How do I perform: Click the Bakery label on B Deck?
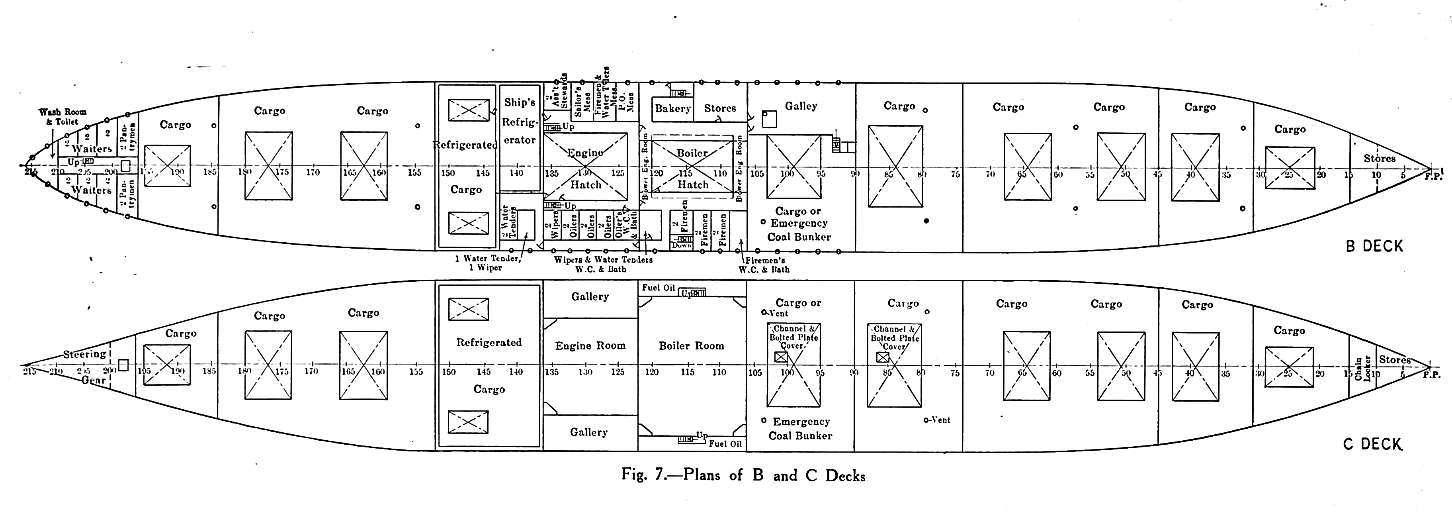(x=673, y=108)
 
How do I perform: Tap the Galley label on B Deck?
(x=801, y=106)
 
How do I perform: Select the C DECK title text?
(x=1372, y=444)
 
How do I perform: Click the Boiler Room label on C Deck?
(x=692, y=346)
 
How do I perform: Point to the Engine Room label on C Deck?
(x=590, y=346)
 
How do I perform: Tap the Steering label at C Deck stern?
(x=84, y=354)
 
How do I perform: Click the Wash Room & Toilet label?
(x=63, y=117)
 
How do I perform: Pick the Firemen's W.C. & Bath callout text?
(x=764, y=265)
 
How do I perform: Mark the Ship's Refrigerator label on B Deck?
(x=520, y=121)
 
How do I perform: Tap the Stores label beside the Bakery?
(x=720, y=108)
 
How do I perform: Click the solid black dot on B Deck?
(x=926, y=221)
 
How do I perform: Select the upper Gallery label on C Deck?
(x=590, y=296)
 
